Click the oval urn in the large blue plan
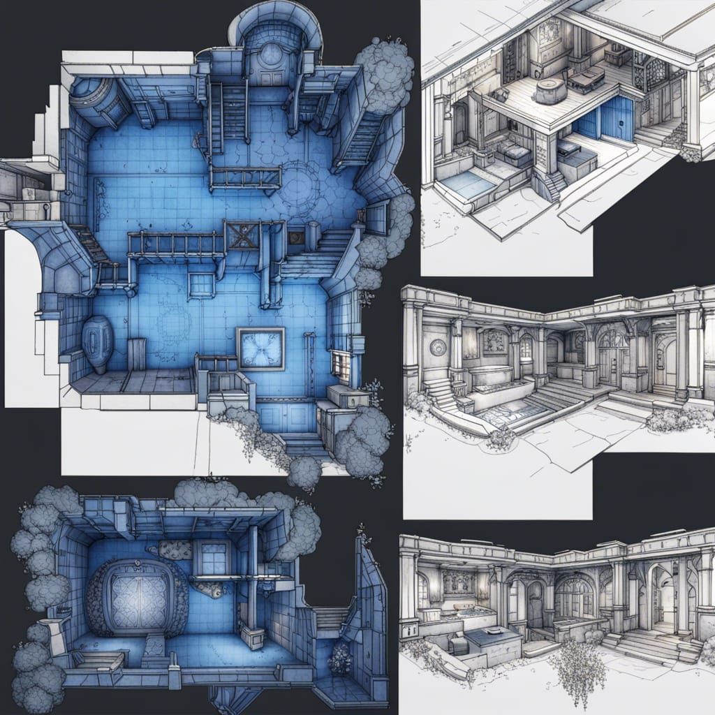97,344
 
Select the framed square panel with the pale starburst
260,348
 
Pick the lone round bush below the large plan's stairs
304,472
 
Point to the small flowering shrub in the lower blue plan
340,658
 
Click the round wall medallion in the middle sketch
438,347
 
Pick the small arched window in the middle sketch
526,347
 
